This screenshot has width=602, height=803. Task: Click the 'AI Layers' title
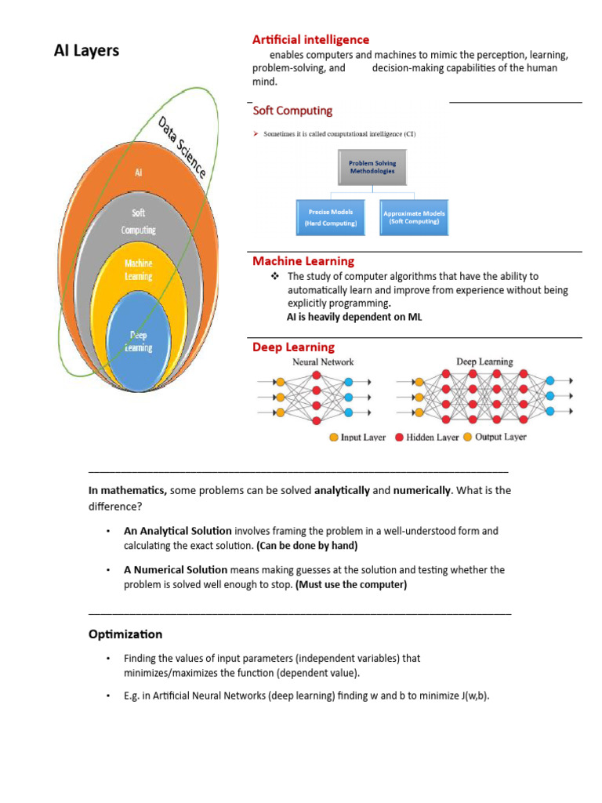click(86, 51)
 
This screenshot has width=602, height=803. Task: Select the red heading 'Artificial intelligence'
click(310, 39)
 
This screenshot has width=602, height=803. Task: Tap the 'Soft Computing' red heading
click(292, 111)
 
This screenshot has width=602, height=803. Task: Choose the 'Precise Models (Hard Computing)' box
click(331, 217)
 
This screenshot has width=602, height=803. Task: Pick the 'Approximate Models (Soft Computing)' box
click(413, 217)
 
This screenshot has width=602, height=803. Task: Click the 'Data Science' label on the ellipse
click(181, 147)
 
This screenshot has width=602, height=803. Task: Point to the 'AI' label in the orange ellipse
click(139, 172)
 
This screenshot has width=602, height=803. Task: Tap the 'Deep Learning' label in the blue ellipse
click(139, 342)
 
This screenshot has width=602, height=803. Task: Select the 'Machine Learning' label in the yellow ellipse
click(138, 270)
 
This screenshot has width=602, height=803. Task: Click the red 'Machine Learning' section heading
click(303, 261)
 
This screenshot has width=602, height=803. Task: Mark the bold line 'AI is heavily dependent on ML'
click(354, 317)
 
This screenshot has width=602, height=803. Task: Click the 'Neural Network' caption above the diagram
click(323, 362)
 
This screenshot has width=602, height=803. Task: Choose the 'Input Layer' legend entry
click(357, 437)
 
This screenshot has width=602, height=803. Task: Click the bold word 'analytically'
click(342, 490)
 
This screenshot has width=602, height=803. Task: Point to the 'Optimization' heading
click(125, 634)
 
